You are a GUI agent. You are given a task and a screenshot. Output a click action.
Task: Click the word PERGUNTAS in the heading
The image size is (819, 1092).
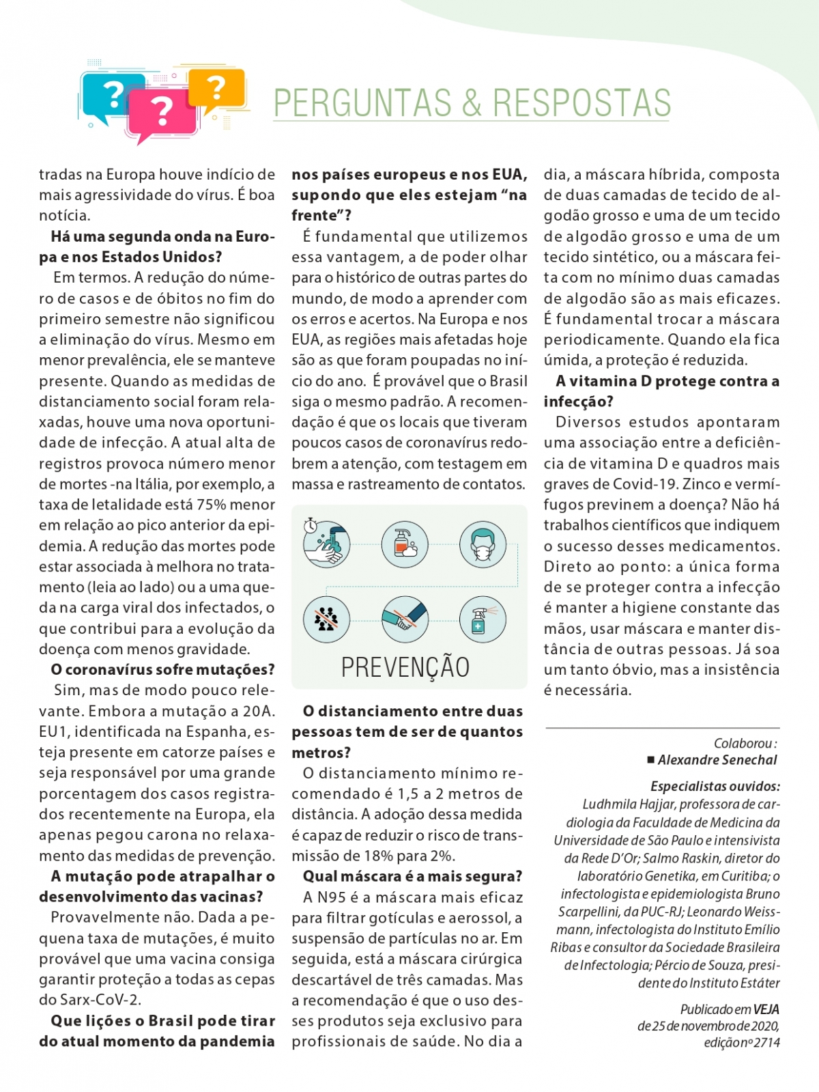pyautogui.click(x=362, y=103)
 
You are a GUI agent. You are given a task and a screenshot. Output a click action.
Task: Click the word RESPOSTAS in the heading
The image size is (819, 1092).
pyautogui.click(x=581, y=103)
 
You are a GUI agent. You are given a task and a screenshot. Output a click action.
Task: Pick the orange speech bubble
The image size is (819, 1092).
pyautogui.click(x=216, y=87)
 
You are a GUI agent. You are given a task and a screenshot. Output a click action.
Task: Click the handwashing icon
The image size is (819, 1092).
pyautogui.click(x=327, y=544)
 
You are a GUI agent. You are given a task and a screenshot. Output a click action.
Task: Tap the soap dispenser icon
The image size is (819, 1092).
pyautogui.click(x=405, y=544)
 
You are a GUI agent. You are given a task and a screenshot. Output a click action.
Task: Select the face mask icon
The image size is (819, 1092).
pyautogui.click(x=483, y=544)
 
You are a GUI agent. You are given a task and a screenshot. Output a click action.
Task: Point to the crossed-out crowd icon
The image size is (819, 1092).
pyautogui.click(x=327, y=619)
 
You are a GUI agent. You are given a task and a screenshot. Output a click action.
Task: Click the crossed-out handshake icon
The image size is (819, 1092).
pyautogui.click(x=405, y=619)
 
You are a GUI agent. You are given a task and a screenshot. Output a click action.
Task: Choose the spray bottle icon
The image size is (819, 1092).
pyautogui.click(x=483, y=619)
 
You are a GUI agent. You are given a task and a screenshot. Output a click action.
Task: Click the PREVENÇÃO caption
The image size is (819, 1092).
pyautogui.click(x=405, y=667)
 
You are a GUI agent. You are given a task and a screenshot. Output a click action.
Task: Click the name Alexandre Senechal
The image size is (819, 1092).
pyautogui.click(x=717, y=760)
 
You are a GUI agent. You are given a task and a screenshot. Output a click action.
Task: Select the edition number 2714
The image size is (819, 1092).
pyautogui.click(x=766, y=1043)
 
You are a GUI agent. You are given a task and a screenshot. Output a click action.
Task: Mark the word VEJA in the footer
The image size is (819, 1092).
pyautogui.click(x=766, y=1009)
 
